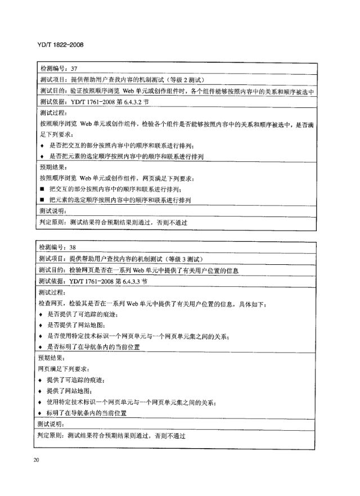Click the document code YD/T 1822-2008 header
pyautogui.click(x=60, y=43)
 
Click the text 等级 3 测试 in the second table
pyautogui.click(x=183, y=259)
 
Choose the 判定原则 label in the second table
pyautogui.click(x=51, y=435)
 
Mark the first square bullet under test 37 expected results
pyautogui.click(x=42, y=188)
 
